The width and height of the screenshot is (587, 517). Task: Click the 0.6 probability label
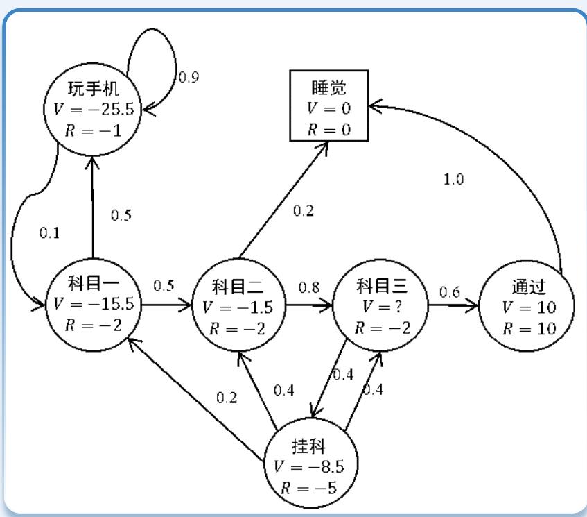450,292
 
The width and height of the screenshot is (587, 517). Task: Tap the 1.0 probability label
453,180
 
